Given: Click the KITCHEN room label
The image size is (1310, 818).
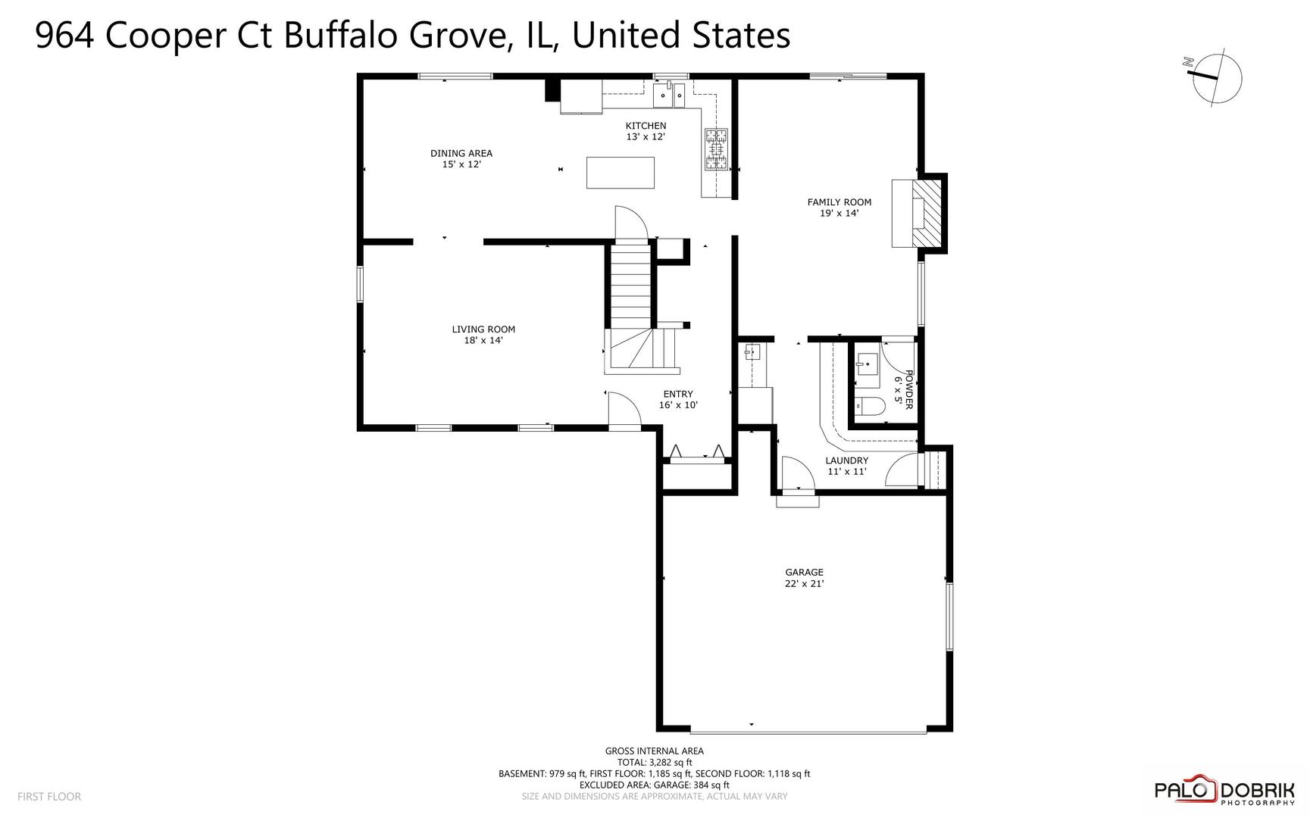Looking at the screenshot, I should pyautogui.click(x=646, y=126).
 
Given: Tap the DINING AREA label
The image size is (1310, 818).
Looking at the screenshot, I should pyautogui.click(x=461, y=154).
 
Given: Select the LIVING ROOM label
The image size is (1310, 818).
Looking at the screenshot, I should pyautogui.click(x=483, y=329).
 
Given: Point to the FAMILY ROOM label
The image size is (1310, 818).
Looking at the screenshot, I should pyautogui.click(x=839, y=202).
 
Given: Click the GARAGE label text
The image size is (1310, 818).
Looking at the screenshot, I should pyautogui.click(x=804, y=573).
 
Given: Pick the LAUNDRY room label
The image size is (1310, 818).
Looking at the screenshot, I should pyautogui.click(x=846, y=461).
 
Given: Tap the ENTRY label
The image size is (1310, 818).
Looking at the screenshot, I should pyautogui.click(x=677, y=394).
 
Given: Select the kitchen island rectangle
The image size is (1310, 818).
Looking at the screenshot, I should pyautogui.click(x=621, y=173).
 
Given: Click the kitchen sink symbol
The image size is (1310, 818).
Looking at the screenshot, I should pyautogui.click(x=669, y=94).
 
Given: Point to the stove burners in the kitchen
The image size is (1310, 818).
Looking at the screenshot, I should pyautogui.click(x=716, y=148).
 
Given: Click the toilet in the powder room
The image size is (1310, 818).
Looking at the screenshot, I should pyautogui.click(x=870, y=407).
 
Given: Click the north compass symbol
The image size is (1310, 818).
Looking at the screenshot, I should pyautogui.click(x=1217, y=78).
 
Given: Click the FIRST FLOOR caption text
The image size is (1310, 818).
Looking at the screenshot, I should pyautogui.click(x=49, y=797).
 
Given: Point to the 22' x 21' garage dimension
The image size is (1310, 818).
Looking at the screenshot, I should pyautogui.click(x=804, y=584).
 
